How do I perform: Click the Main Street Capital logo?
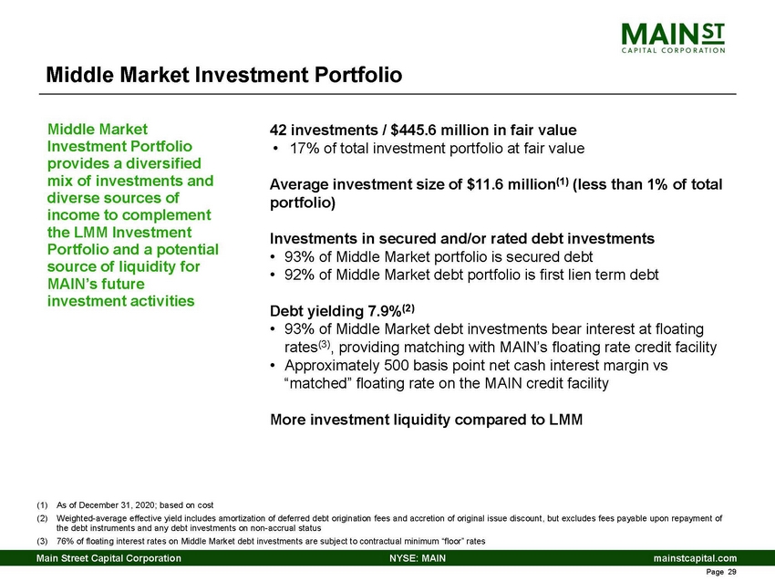674,38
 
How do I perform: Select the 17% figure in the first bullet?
304,148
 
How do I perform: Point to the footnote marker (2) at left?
42,518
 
